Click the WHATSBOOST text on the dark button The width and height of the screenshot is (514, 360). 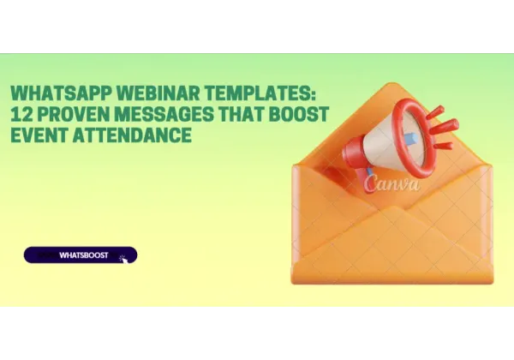(x=83, y=255)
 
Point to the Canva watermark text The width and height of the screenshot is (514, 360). (x=391, y=183)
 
